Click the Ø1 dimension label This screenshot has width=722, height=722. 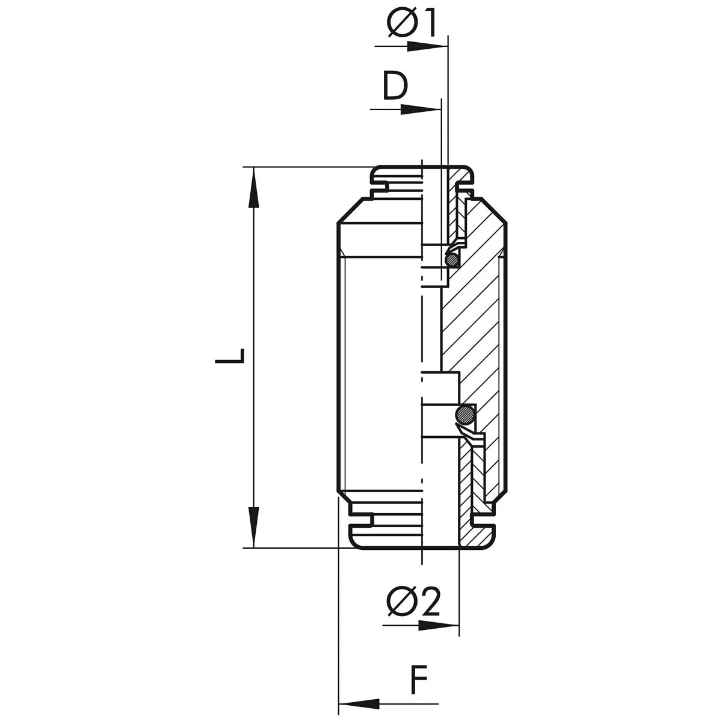pos(412,24)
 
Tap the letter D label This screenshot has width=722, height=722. pos(395,87)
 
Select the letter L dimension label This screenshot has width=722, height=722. pos(230,356)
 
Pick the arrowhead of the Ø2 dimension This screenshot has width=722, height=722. pos(439,625)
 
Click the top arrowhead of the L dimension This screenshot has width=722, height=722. pos(254,187)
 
